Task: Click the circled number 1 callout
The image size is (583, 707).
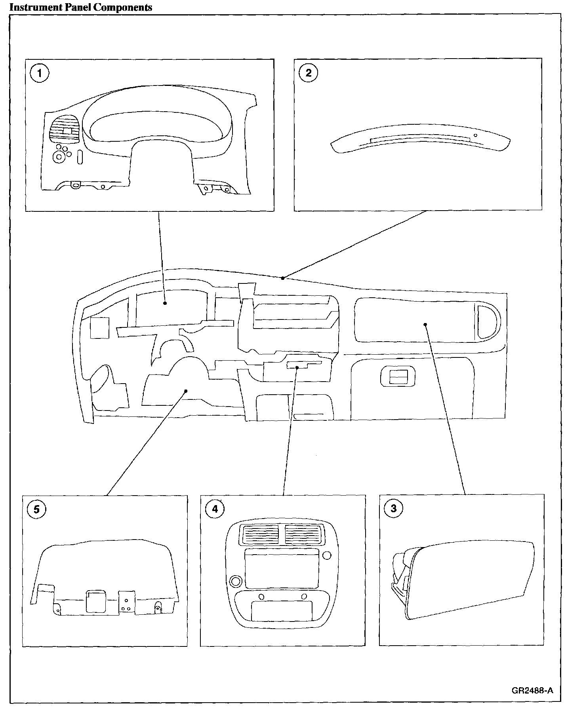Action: coord(39,74)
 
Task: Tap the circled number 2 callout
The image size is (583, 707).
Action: coord(309,73)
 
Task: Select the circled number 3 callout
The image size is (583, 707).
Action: coord(393,508)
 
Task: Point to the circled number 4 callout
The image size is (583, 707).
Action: coord(215,509)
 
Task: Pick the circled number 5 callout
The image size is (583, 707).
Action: coord(36,509)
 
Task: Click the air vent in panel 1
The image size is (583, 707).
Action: coord(64,129)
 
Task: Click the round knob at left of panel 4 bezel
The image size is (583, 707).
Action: coord(235,582)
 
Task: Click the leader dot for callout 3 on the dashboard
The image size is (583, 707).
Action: coord(425,325)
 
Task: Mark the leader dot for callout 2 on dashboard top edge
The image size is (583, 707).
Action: coord(282,278)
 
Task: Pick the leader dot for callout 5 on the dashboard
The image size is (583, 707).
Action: coord(185,391)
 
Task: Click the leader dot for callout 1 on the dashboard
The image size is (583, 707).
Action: coord(165,303)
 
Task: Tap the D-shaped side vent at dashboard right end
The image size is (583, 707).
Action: coord(488,321)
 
